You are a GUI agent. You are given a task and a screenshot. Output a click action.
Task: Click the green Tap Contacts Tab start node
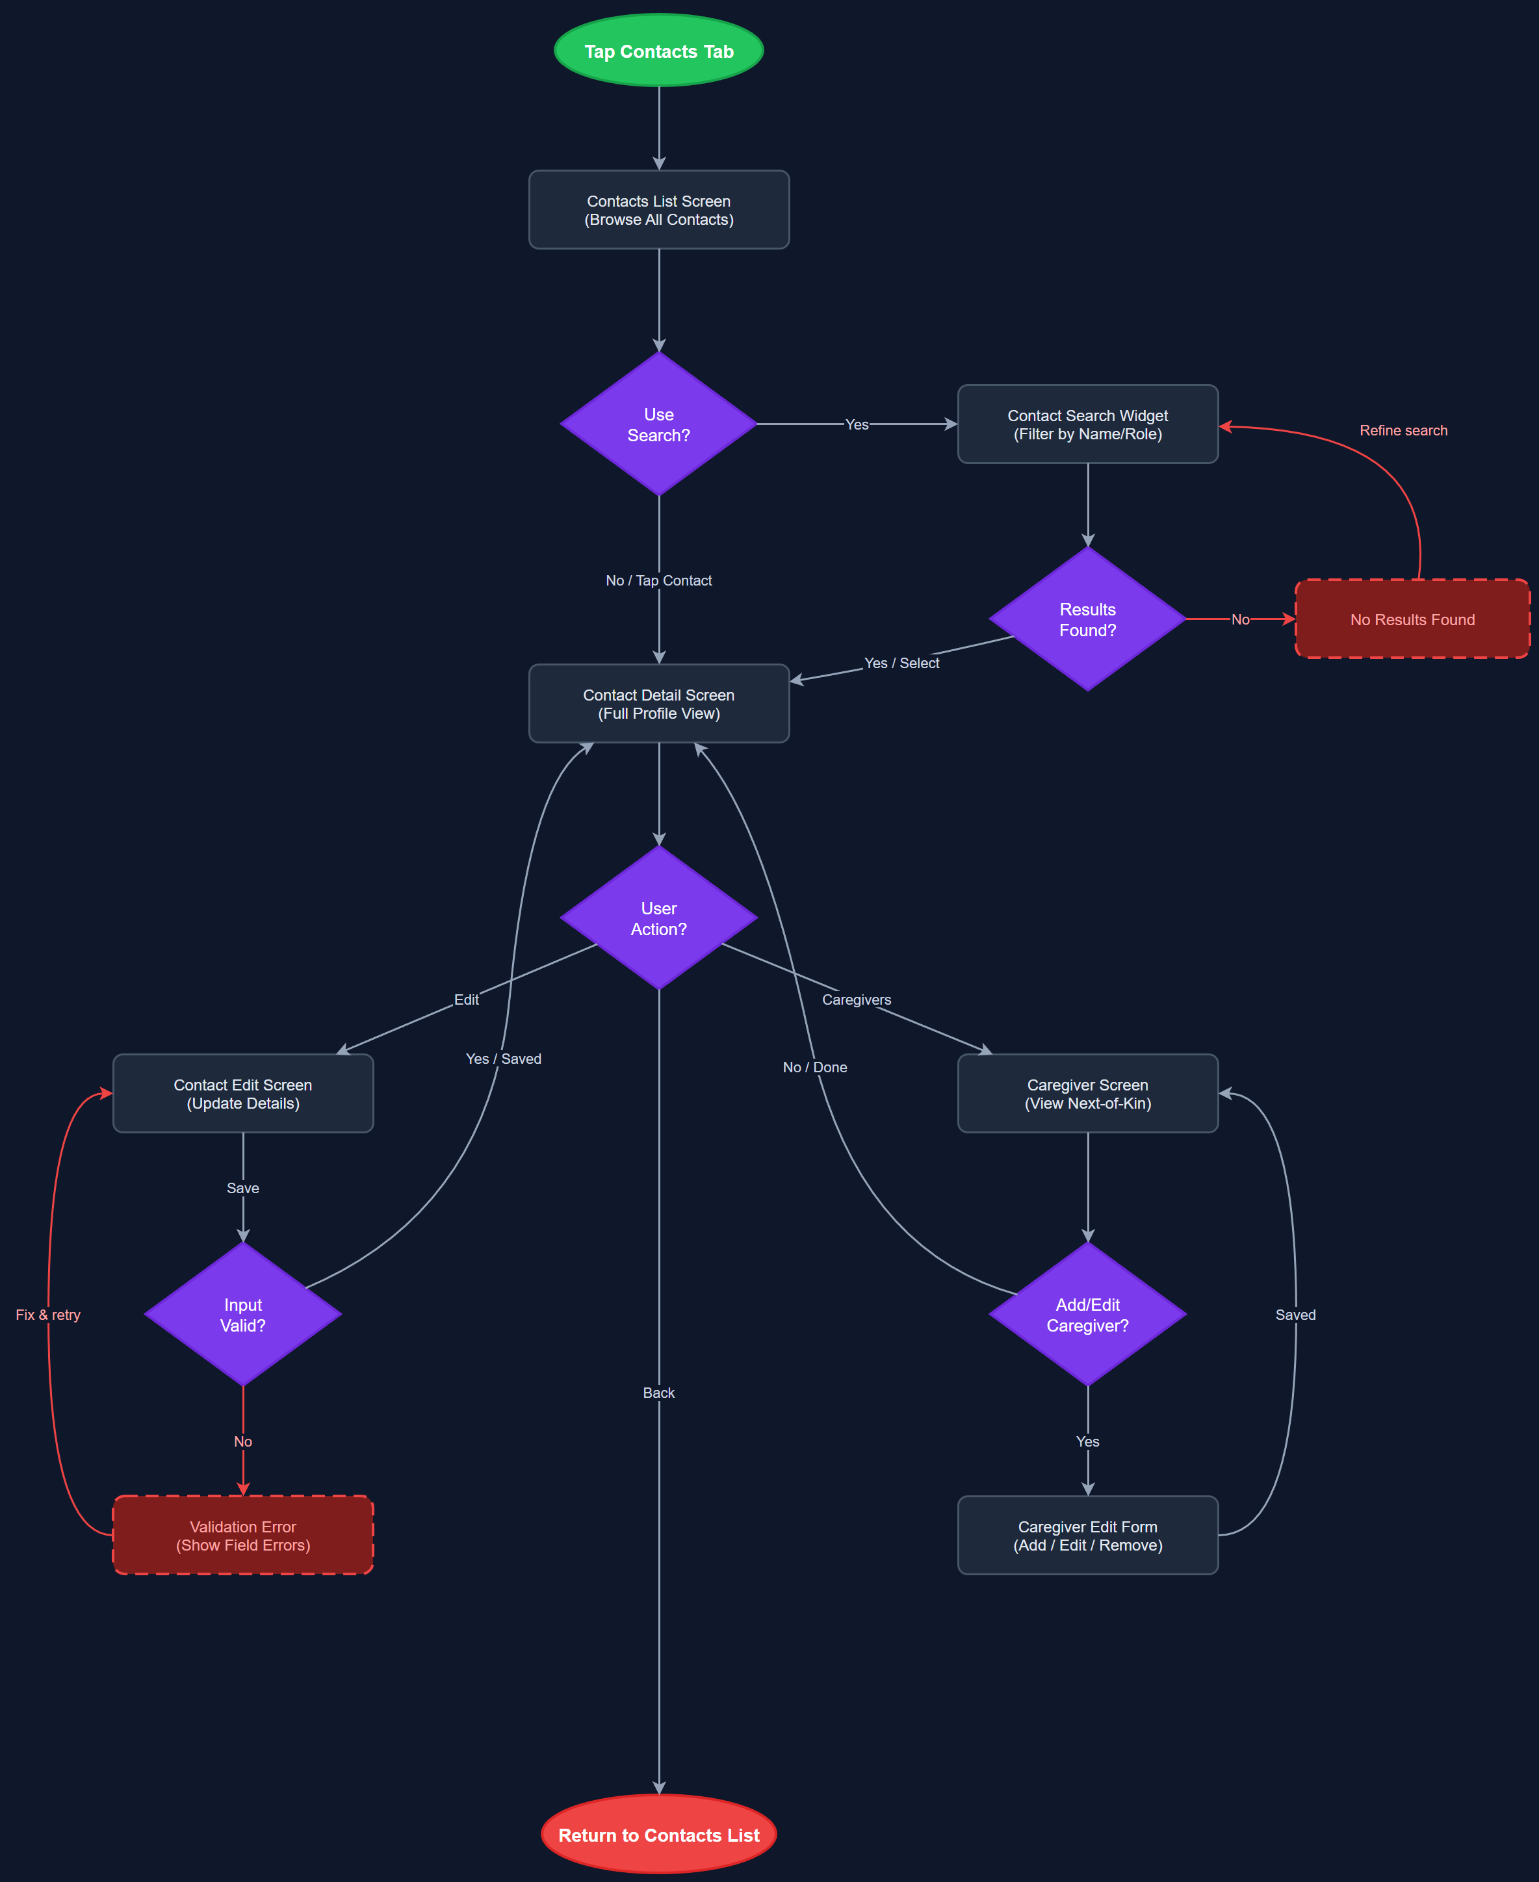(658, 51)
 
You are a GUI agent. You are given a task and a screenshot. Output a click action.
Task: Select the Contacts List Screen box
(658, 210)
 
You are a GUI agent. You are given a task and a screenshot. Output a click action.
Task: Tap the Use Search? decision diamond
(658, 424)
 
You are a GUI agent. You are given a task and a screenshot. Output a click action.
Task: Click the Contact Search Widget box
(1088, 424)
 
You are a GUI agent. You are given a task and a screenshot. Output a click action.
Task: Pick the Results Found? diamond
(1088, 619)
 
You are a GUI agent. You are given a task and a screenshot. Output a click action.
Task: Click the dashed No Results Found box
(1412, 619)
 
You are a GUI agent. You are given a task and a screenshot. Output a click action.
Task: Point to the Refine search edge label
(1403, 431)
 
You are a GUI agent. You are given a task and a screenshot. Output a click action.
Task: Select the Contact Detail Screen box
(658, 704)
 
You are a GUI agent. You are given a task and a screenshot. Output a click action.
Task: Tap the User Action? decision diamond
(658, 918)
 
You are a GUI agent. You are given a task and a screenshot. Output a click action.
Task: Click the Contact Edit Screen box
(243, 1094)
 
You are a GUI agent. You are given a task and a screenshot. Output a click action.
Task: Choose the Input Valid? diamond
(243, 1315)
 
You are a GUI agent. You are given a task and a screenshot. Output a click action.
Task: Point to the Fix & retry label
(48, 1315)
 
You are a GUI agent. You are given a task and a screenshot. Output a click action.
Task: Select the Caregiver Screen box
(1088, 1094)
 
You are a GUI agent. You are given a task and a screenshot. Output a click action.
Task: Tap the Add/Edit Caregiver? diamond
(1088, 1315)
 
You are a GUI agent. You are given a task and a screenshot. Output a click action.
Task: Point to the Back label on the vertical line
(658, 1393)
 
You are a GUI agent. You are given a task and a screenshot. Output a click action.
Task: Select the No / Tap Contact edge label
(658, 580)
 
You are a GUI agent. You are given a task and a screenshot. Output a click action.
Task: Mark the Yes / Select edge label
(901, 663)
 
